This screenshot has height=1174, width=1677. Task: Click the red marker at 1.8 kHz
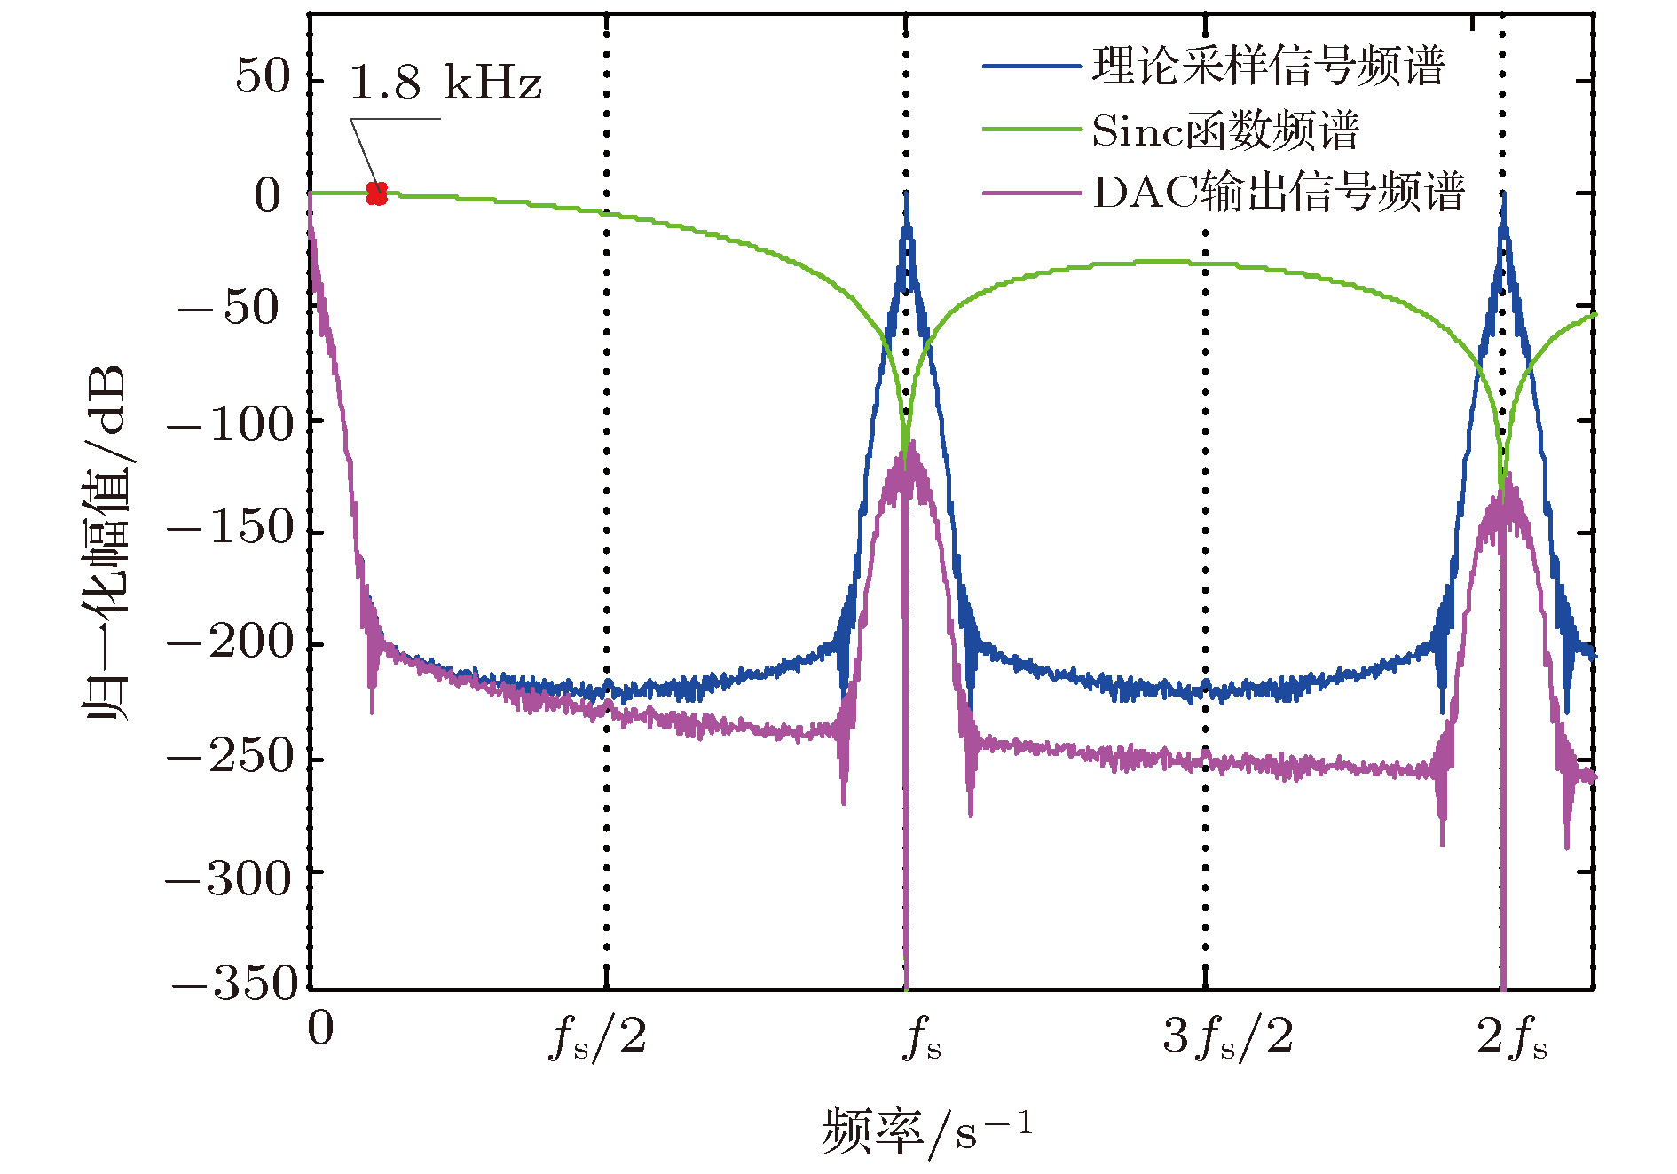(377, 193)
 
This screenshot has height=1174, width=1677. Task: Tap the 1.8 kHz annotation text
(445, 83)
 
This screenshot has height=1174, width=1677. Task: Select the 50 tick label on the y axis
(264, 76)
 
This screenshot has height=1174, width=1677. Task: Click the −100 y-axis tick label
(230, 424)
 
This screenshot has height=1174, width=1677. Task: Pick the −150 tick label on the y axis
(230, 528)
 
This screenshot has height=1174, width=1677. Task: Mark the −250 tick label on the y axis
(230, 756)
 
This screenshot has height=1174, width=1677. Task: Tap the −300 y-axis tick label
(230, 879)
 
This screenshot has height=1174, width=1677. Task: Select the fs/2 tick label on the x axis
(598, 1036)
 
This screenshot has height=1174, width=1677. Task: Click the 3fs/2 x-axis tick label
(1227, 1036)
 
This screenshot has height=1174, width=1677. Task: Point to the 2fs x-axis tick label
(1511, 1036)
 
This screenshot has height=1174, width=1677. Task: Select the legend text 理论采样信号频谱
(1268, 67)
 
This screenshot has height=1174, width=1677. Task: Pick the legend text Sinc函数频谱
(1224, 131)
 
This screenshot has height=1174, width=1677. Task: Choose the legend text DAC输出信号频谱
(1278, 193)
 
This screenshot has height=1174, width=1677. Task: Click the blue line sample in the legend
(1031, 67)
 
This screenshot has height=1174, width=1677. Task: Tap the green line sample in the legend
(1031, 130)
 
